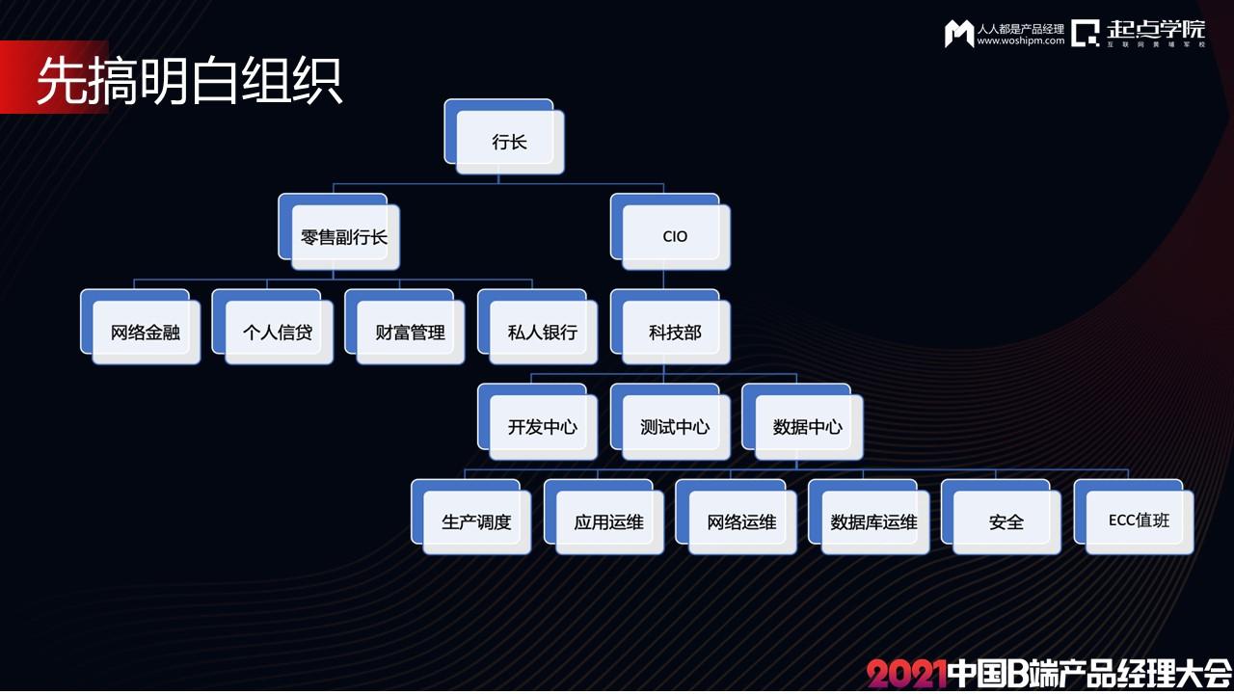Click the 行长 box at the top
[504, 137]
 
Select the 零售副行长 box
[338, 232]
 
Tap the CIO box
[670, 232]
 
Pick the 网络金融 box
[141, 327]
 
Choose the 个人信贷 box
[273, 327]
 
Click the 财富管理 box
[405, 327]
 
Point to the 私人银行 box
[538, 327]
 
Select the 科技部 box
[670, 327]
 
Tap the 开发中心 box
[538, 422]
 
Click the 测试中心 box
[670, 422]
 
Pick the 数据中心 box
[803, 422]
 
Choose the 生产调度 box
[471, 517]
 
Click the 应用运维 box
[604, 517]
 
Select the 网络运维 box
[737, 517]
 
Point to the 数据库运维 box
[870, 517]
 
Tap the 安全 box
[1002, 517]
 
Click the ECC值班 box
[1135, 517]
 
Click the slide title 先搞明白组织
[190, 80]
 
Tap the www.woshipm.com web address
[1021, 40]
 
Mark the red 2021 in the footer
[907, 674]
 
